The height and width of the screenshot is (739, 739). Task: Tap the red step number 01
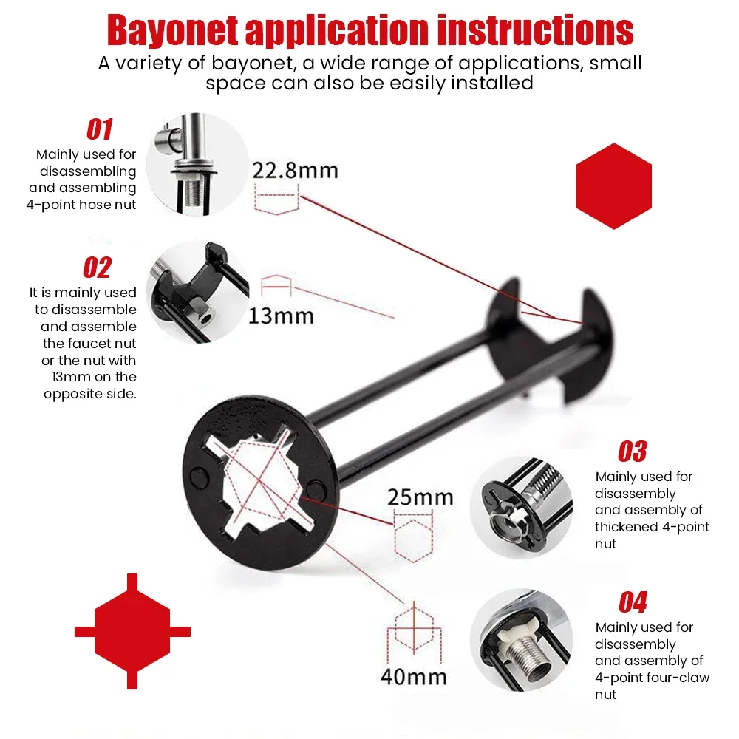[100, 130]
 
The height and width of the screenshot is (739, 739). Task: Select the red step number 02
[98, 268]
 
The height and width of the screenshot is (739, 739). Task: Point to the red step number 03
[632, 451]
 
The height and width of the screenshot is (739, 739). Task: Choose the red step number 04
[633, 602]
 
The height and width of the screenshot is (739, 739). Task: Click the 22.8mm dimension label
[295, 171]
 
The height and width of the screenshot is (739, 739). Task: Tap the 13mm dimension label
[281, 316]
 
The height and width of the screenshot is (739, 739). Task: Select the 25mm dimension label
[420, 496]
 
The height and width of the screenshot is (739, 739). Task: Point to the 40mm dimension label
[414, 675]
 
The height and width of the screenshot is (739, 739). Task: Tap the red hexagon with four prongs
[132, 632]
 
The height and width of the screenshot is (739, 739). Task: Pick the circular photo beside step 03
[521, 507]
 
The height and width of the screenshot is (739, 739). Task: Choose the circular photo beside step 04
[521, 640]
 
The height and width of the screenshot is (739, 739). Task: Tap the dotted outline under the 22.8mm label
[275, 200]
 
